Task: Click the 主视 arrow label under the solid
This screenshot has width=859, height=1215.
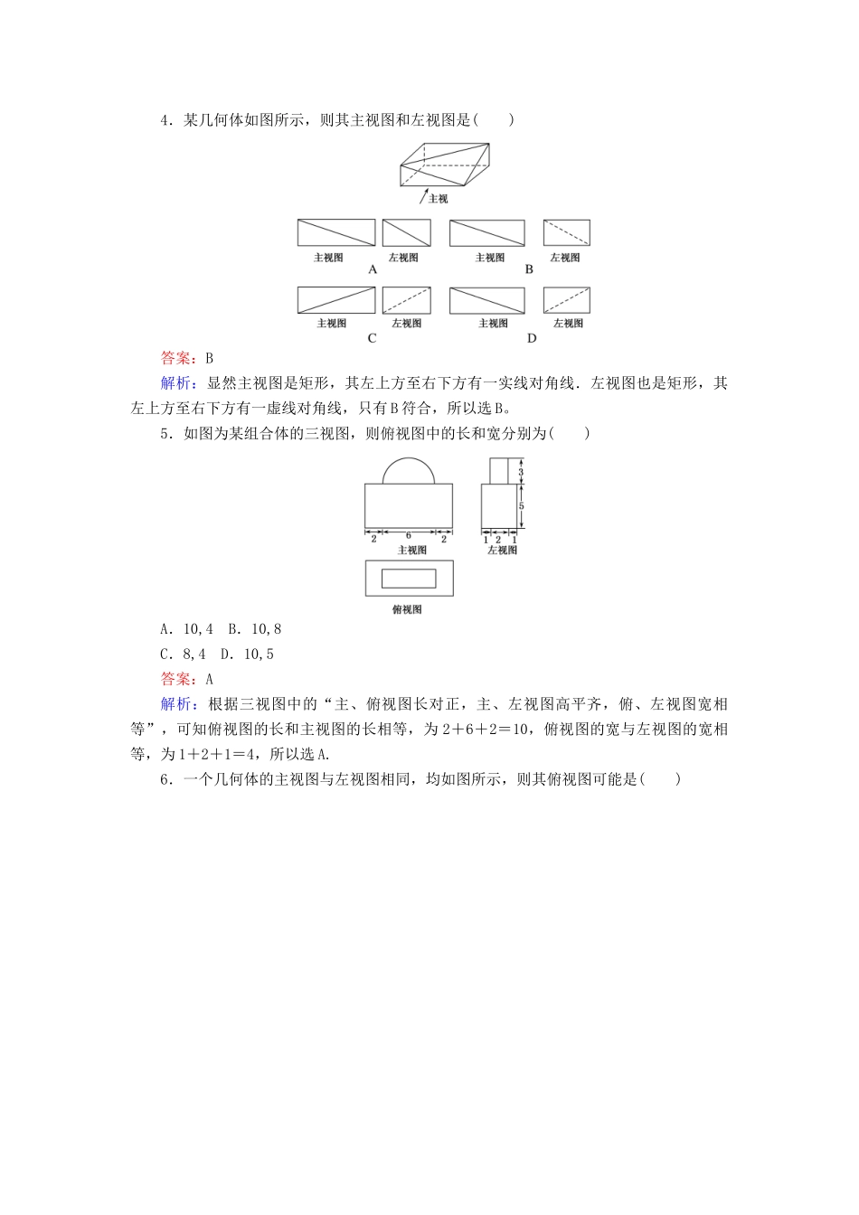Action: pos(438,198)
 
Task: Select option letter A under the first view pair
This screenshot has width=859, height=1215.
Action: pos(373,269)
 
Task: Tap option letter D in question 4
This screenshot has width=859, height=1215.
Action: pos(532,338)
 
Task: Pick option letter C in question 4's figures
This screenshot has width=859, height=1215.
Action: pos(372,338)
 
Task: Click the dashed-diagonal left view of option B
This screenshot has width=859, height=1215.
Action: pos(566,232)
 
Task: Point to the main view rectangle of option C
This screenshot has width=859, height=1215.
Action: pos(336,300)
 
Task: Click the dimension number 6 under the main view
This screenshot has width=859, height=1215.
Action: pos(408,536)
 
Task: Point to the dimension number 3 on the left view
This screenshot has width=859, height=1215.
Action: pos(522,472)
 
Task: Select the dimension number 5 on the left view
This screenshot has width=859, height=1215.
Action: pos(522,506)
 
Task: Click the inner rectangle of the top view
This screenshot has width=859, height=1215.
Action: pos(409,579)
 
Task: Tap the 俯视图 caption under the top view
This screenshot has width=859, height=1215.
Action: pos(407,610)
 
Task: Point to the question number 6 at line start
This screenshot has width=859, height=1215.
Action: pos(165,780)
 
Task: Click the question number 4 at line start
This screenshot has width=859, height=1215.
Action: pos(165,120)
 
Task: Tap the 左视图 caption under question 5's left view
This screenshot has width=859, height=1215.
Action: pos(502,550)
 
